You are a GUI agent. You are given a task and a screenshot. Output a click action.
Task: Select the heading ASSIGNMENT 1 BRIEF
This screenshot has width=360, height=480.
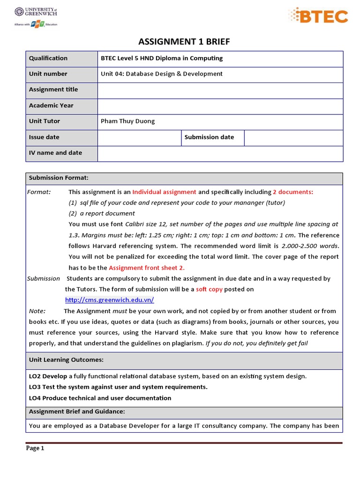click(184, 42)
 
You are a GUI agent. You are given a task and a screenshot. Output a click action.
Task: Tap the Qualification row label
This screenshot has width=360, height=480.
click(48, 58)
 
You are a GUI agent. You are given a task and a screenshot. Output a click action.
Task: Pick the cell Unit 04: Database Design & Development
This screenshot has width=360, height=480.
click(162, 74)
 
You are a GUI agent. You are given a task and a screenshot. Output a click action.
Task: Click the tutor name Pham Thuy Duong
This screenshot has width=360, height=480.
click(127, 121)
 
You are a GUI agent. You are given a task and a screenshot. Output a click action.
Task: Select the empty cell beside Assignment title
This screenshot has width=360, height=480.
click(220, 90)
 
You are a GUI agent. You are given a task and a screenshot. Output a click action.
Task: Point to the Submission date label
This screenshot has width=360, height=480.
click(209, 137)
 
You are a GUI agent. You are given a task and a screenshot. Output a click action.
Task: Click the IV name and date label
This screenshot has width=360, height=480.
click(55, 152)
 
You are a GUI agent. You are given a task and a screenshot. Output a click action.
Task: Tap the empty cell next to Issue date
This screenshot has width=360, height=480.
click(139, 137)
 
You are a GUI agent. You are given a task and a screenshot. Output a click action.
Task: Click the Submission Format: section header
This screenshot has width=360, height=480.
click(59, 178)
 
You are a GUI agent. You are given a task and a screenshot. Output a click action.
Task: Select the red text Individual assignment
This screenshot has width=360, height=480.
click(164, 192)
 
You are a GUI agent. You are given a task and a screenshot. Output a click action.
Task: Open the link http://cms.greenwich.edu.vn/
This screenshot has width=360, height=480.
click(109, 300)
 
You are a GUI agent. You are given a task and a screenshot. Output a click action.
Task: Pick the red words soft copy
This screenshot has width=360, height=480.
click(209, 289)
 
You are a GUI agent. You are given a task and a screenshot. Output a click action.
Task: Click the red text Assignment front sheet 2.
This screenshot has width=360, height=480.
click(147, 268)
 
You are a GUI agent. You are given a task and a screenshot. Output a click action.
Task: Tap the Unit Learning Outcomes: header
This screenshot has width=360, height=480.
click(66, 360)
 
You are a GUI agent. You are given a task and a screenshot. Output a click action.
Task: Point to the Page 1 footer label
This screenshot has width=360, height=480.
click(35, 448)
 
